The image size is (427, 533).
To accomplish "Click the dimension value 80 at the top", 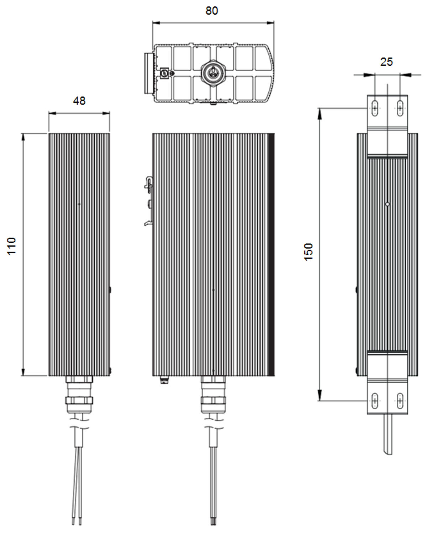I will point(211,11).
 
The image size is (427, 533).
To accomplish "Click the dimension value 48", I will point(79,101).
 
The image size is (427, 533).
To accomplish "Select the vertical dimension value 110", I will point(12,246).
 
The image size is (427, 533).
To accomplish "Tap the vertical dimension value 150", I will point(309,252).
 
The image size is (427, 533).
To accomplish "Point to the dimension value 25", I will point(386,62).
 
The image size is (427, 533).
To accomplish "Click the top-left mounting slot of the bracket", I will point(375,108).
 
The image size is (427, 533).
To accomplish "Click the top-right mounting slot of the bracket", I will point(400,108).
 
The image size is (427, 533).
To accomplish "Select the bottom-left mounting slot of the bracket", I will point(375,401).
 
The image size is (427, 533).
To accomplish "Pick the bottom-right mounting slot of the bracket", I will point(400,401).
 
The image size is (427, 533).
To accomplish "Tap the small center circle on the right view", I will point(388,204).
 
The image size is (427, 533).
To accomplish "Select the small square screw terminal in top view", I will point(164,72).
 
